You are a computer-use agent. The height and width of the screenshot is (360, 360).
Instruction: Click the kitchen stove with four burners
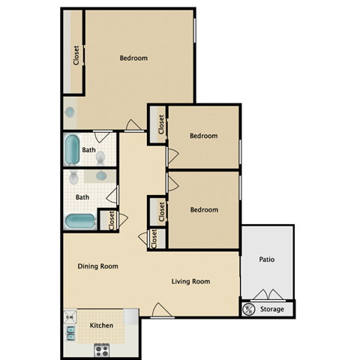point(102,349)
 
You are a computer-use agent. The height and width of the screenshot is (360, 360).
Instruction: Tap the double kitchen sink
point(70,327)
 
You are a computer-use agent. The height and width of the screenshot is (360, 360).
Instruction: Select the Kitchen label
point(102,325)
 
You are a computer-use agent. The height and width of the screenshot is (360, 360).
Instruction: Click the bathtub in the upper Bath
point(72,150)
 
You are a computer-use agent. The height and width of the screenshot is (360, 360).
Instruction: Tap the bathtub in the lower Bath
point(79,221)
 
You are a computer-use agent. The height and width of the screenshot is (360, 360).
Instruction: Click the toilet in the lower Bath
point(73,179)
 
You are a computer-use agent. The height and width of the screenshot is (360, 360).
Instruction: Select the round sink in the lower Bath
point(100,176)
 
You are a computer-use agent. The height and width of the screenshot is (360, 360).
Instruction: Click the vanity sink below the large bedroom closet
point(70,112)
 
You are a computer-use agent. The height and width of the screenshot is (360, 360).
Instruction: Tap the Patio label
point(267,260)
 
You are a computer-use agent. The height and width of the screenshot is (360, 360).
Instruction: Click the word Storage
point(271,309)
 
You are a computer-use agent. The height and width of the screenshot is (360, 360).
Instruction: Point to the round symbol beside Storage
point(248,309)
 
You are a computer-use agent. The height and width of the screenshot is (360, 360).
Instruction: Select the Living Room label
point(190,282)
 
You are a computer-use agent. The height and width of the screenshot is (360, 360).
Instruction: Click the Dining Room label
point(97,266)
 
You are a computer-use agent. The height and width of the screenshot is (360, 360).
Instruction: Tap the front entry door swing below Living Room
point(159,310)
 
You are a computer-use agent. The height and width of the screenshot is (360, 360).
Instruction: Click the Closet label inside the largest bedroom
point(76,56)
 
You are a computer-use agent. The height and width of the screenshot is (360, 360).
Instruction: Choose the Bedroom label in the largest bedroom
point(133,58)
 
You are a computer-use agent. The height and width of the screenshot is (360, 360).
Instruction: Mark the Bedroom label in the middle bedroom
point(203,136)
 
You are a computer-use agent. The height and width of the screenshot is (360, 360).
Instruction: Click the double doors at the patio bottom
point(267,294)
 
